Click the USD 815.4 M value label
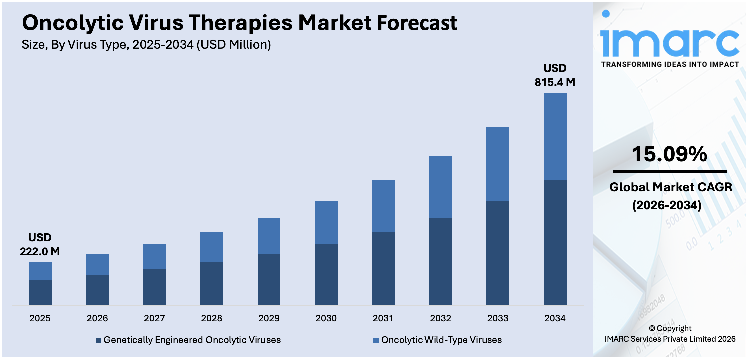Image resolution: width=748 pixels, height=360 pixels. pos(555,75)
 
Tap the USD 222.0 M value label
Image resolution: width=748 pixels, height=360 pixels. pos(40,244)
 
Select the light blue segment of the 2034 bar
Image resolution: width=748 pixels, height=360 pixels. pos(555,136)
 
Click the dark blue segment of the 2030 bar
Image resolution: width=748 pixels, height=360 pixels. pos(326,274)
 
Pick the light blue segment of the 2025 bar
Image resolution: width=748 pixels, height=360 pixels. pos(40,271)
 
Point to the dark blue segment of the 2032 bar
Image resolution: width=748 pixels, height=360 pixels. pos(440,261)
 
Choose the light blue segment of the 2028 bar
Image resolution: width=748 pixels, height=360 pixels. pos(212,247)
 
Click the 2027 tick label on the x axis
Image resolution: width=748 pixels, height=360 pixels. pos(154,318)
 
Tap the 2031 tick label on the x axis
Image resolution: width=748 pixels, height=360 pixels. pos(383,318)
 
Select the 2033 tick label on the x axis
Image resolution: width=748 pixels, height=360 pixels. pos(498,318)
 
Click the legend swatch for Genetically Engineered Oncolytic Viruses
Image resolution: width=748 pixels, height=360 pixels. pos(98,340)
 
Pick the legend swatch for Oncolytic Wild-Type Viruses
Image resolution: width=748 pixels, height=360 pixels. pos(376,340)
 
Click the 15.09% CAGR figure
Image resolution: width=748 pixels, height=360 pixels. pos(669,154)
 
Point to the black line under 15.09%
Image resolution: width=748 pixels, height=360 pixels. pos(669,172)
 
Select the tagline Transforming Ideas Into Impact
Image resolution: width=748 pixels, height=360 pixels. pos(670,64)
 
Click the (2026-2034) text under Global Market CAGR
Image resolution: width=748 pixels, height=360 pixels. pos(667,205)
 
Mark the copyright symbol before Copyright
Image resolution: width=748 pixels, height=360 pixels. pos(652,329)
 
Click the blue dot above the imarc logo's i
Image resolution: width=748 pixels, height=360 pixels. pos(606,14)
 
